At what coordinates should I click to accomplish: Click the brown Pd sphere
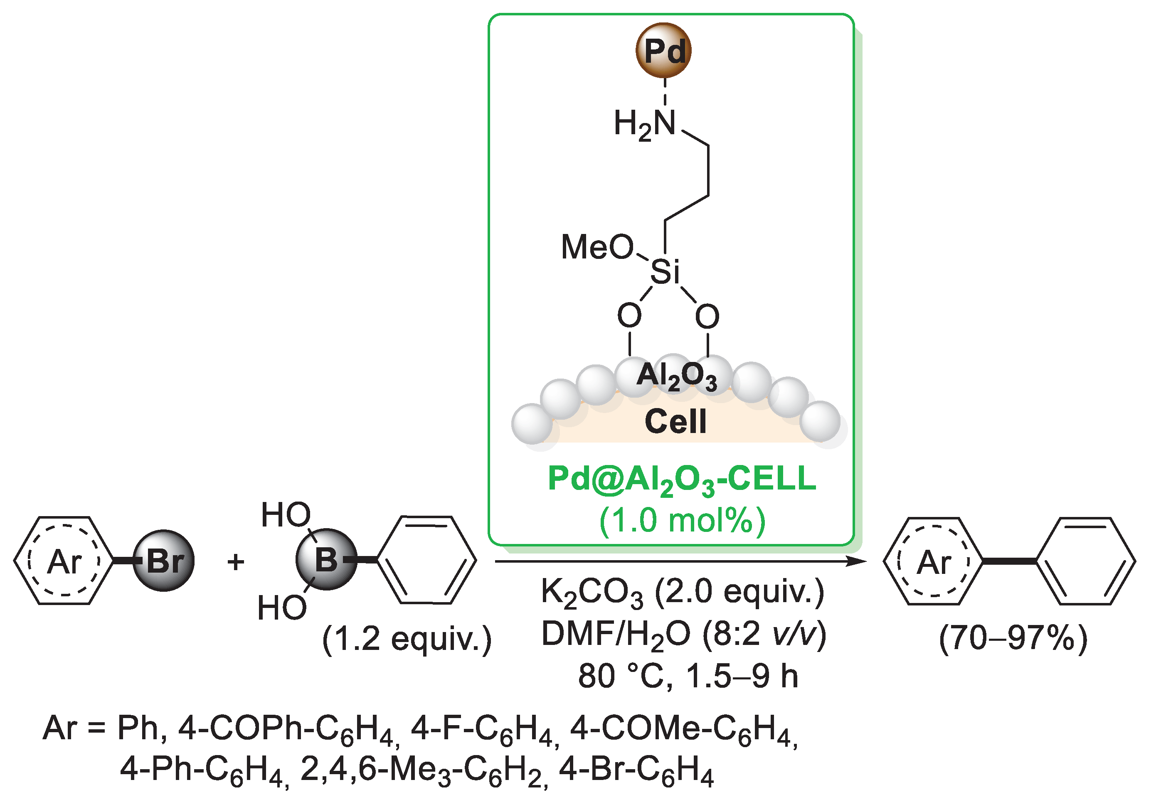[x=663, y=50]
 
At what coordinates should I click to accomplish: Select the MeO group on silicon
[x=597, y=247]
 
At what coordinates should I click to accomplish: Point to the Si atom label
[x=665, y=272]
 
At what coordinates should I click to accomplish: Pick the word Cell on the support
[x=675, y=421]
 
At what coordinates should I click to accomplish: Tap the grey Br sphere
[x=164, y=560]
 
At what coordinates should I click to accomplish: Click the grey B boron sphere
[x=326, y=559]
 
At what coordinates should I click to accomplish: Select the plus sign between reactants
[x=236, y=561]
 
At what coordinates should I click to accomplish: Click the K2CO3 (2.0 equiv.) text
[x=682, y=592]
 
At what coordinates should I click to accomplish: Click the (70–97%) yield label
[x=1013, y=639]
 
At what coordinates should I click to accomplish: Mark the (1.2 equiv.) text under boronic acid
[x=406, y=640]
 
